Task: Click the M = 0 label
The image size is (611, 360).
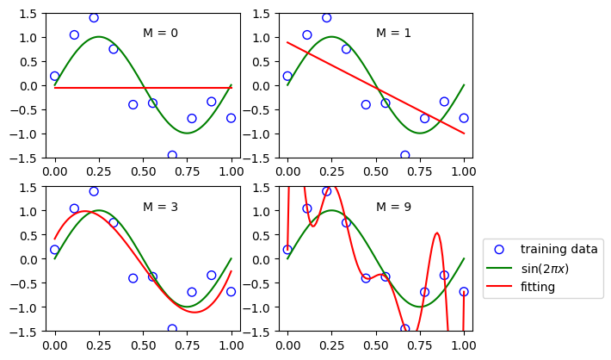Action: click(160, 34)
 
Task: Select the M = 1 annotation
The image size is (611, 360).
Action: click(393, 34)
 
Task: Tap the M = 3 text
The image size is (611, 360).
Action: click(160, 208)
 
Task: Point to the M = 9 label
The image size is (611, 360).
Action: click(393, 208)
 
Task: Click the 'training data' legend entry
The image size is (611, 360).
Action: click(559, 250)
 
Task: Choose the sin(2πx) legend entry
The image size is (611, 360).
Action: click(556, 269)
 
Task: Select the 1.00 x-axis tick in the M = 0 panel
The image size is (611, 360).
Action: click(231, 171)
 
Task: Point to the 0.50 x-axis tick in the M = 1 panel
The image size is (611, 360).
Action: click(376, 171)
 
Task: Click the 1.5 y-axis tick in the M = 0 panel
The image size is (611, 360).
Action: click(28, 14)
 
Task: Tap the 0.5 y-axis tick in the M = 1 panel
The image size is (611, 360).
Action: click(262, 62)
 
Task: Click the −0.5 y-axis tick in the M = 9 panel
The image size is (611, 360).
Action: click(257, 283)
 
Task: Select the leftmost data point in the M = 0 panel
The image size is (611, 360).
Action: click(55, 77)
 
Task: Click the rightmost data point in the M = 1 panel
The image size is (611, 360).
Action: click(464, 118)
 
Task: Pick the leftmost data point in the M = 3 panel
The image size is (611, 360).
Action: click(55, 250)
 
